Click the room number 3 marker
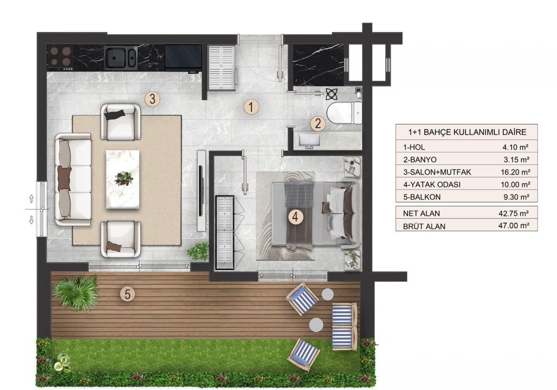152,99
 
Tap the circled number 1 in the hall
251,107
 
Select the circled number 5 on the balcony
127,294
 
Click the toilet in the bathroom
344,113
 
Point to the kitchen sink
121,58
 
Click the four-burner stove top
60,58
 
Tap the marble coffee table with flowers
123,179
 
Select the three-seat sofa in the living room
73,179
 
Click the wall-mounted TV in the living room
201,191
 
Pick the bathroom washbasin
309,141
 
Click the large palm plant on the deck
76,293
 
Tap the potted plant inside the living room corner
198,251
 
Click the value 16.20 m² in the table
516,172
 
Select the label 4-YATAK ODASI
432,185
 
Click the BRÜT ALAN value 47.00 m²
514,226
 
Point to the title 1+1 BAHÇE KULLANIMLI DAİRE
467,132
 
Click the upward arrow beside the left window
32,199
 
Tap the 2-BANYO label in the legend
420,160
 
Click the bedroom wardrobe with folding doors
225,233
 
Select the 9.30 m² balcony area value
517,197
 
